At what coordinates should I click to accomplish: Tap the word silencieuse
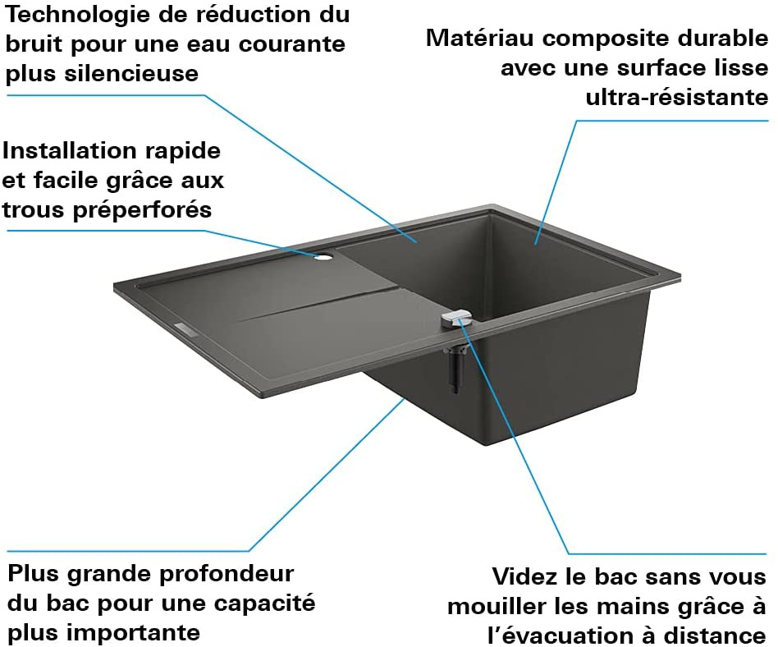tap(131, 74)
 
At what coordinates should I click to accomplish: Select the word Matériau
tap(479, 39)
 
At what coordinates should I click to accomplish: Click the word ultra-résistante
tap(677, 97)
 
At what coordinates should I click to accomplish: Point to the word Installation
tap(68, 151)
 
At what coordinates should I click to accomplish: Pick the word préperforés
tap(142, 210)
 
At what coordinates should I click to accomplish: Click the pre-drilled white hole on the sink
tap(323, 257)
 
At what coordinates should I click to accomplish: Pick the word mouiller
tap(497, 606)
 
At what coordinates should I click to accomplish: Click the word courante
tap(292, 44)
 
